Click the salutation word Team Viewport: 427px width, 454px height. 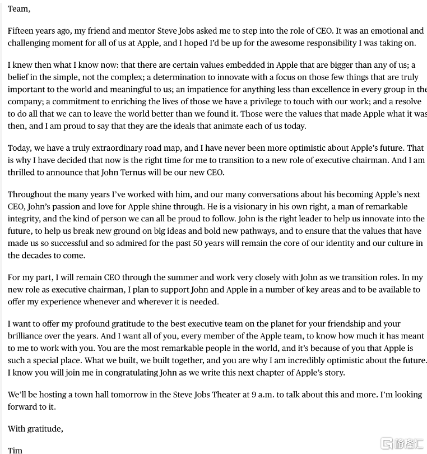18,9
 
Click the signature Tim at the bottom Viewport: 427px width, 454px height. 15,450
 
